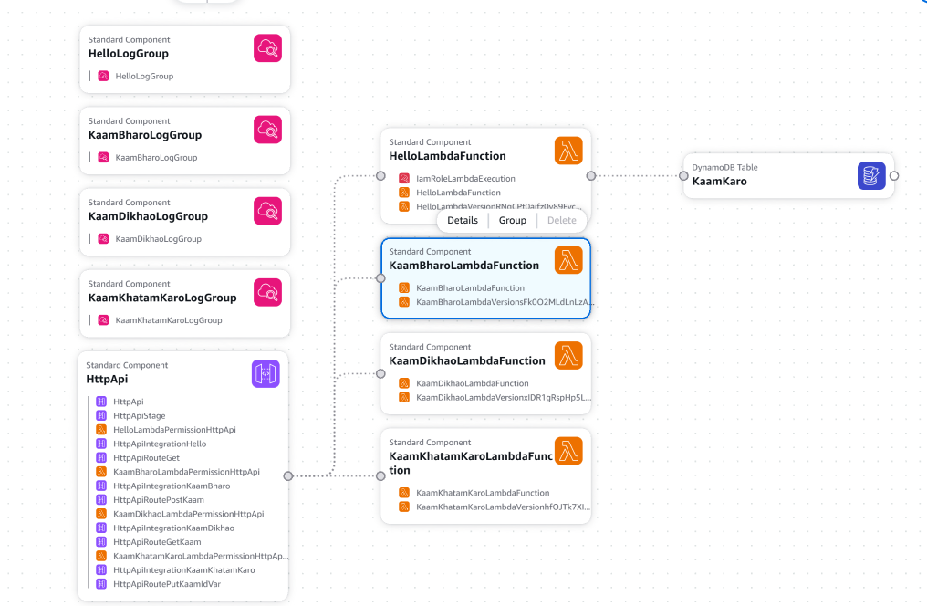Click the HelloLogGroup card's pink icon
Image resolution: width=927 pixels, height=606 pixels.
tap(267, 47)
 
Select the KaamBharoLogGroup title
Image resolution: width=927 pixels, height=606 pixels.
tap(144, 135)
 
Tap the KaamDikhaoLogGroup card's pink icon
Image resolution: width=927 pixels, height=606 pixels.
tap(267, 211)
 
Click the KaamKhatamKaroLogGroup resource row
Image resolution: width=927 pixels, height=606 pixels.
tap(168, 320)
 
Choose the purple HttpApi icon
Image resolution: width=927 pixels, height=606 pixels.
tap(266, 373)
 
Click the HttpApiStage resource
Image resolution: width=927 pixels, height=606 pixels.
tap(139, 415)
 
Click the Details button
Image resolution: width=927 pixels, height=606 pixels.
tap(463, 220)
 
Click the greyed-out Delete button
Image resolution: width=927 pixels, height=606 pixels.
tap(561, 220)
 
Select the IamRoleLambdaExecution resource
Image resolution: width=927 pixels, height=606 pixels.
tap(465, 179)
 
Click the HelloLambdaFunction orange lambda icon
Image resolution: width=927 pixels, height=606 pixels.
tap(568, 151)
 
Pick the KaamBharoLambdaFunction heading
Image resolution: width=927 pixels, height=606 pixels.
tap(463, 266)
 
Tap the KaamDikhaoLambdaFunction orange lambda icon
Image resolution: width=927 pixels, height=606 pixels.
tap(568, 355)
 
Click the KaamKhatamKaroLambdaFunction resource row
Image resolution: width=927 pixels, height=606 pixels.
tap(482, 493)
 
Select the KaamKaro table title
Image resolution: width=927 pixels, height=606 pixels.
tap(719, 182)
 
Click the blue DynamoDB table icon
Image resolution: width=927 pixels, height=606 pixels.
tap(871, 175)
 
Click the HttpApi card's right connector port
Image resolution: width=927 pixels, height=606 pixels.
tap(288, 475)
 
